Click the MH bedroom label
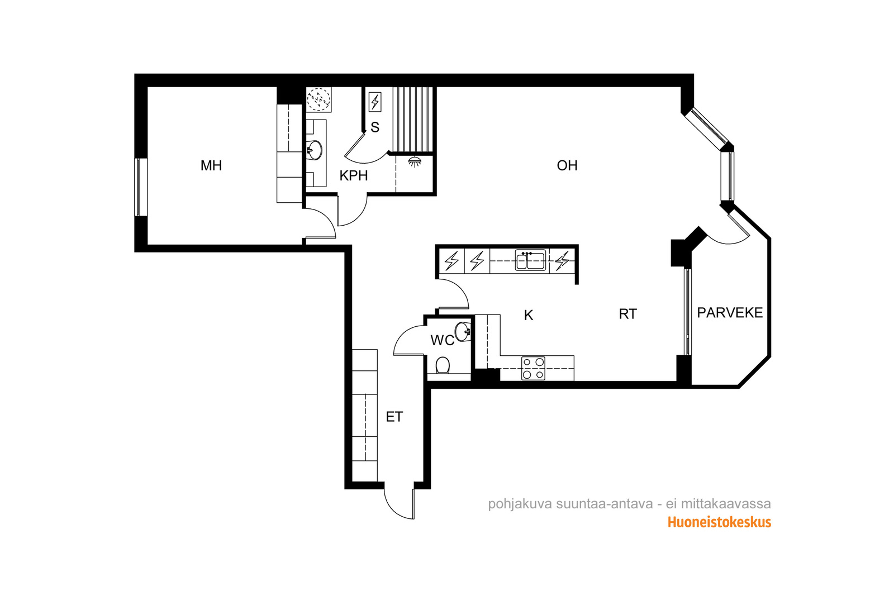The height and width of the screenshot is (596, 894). coord(211,165)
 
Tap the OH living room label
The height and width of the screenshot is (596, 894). coord(567,165)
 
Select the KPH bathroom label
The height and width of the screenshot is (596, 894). coord(354,176)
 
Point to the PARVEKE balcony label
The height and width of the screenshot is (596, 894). coord(730,313)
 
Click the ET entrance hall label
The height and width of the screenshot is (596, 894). coord(394,417)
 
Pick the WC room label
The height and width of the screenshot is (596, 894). coord(442,340)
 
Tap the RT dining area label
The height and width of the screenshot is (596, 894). coord(628,314)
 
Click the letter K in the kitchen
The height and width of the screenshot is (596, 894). coord(529,316)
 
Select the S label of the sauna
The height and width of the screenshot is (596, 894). coord(375,128)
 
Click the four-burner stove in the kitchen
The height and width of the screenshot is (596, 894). coord(534,368)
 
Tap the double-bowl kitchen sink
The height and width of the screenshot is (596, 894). coord(530,260)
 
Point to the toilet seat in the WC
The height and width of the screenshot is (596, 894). coord(443,365)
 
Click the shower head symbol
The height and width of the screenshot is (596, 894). coord(415,162)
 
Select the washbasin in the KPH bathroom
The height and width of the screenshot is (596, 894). coord(315,150)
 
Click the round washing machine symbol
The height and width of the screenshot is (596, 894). coord(318,99)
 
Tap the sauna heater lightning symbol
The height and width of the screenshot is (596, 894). coord(375,102)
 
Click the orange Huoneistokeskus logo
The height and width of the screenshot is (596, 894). coord(719,523)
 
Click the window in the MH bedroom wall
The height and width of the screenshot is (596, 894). coord(139,187)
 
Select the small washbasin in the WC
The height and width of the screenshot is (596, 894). coord(463,331)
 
